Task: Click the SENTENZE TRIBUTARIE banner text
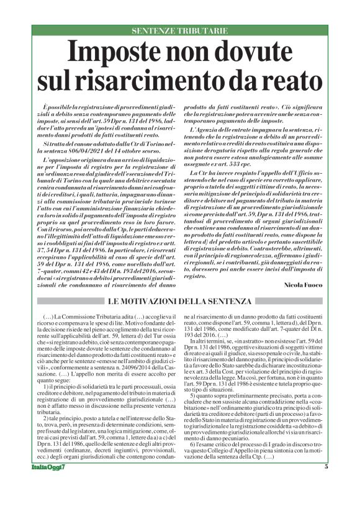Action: tap(179, 30)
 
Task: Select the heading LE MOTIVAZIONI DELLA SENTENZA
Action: tap(180, 301)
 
